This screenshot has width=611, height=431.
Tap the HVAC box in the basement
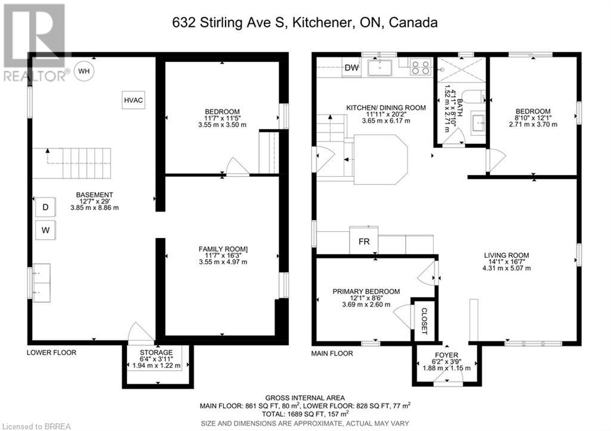click(133, 100)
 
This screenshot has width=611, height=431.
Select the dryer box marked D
click(45, 207)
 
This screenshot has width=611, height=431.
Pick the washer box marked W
click(45, 230)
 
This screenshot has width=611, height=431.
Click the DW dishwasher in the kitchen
click(351, 67)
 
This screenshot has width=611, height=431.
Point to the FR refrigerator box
click(364, 241)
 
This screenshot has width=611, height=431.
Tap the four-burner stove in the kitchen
click(421, 67)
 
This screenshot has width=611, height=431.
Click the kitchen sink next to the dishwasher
click(379, 67)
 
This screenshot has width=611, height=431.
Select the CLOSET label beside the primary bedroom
click(424, 321)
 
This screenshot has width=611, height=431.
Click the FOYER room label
click(446, 355)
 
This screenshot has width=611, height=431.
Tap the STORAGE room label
click(157, 352)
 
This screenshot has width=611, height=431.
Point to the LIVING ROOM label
click(507, 255)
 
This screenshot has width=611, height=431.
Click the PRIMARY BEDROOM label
click(366, 291)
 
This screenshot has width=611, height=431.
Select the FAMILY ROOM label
click(223, 249)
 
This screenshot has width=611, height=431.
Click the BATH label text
click(460, 108)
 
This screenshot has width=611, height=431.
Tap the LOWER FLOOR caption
click(51, 352)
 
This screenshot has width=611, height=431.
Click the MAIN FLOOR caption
click(332, 353)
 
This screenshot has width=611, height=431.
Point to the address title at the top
click(305, 23)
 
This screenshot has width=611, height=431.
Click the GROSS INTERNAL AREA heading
click(305, 398)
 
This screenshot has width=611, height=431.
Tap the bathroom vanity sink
click(478, 122)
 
